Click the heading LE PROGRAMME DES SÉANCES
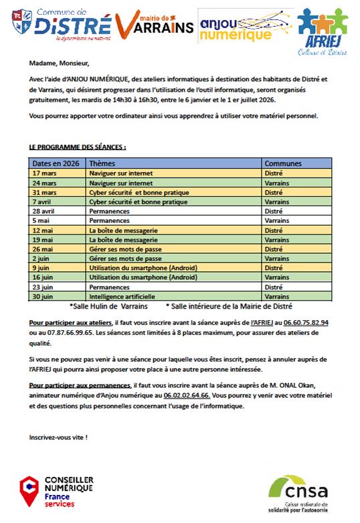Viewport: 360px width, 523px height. coord(78,146)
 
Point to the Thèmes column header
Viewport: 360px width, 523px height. coord(102,163)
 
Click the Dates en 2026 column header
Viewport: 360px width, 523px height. coord(56,163)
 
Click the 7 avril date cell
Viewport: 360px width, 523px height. coord(44,201)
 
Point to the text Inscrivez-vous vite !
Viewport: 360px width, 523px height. coord(58,437)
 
